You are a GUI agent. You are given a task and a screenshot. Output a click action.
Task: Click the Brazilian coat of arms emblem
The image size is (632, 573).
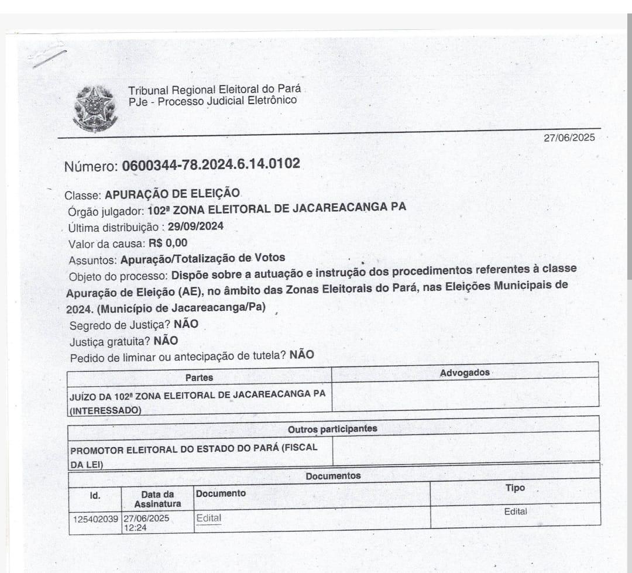[95, 108]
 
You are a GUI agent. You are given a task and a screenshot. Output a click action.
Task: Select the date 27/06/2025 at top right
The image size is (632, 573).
[569, 138]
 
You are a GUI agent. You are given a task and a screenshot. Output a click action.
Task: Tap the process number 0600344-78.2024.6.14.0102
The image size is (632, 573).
[211, 164]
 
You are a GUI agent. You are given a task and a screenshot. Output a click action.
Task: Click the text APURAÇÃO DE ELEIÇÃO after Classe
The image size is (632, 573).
[173, 194]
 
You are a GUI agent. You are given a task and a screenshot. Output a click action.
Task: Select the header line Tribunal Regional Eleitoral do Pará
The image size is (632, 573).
[215, 90]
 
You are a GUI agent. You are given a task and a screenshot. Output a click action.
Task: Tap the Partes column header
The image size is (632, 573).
[199, 378]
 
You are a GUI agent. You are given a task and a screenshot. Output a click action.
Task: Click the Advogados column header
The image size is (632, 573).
[465, 373]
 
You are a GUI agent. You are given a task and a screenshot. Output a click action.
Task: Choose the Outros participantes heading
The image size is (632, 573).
[332, 429]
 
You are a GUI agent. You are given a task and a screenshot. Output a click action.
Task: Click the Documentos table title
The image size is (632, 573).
[333, 476]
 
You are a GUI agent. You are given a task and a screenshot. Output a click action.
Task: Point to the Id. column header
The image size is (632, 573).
[95, 496]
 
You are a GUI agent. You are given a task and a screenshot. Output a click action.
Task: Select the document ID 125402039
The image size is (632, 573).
[96, 519]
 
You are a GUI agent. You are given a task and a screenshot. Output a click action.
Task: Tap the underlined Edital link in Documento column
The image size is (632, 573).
[209, 518]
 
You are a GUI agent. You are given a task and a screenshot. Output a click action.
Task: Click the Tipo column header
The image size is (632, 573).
[515, 488]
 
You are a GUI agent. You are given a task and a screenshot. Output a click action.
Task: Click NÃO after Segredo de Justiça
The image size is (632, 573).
[186, 324]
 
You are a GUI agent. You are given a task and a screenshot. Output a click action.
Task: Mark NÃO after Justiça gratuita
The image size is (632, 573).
[166, 341]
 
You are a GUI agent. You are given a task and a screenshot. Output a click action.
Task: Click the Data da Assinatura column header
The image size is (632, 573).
[157, 499]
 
